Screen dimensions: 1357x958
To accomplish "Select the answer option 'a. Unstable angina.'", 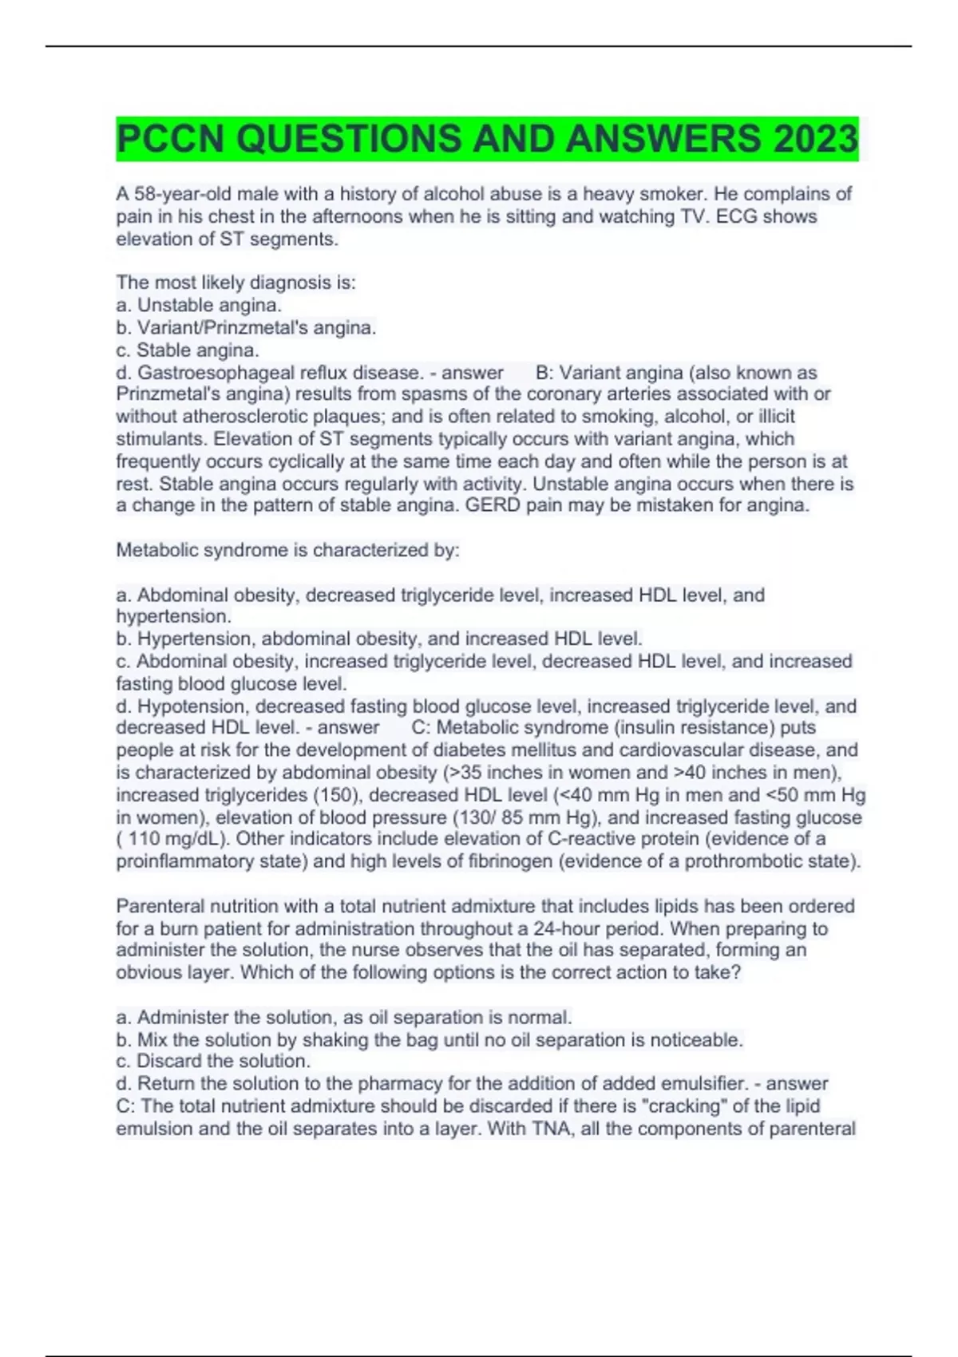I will pos(199,305).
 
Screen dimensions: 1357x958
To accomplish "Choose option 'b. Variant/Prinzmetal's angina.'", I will pos(246,327).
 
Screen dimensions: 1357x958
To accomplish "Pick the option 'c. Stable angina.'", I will pos(188,350).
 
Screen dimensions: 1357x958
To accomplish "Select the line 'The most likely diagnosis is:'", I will pos(236,283).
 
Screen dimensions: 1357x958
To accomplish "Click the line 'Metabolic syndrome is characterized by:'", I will pos(287,550).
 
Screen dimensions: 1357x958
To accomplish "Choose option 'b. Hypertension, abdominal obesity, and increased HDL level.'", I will pos(379,639).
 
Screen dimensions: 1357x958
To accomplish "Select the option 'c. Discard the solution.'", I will pos(213,1061).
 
